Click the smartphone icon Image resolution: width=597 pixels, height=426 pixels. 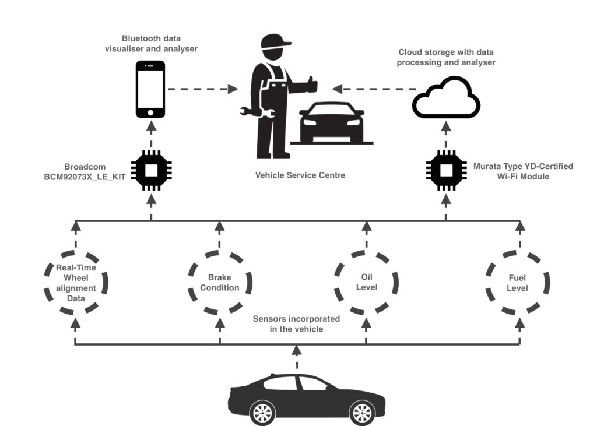click(x=150, y=89)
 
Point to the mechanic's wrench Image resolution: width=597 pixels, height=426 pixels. click(x=256, y=112)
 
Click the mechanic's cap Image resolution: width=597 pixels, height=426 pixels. click(x=275, y=41)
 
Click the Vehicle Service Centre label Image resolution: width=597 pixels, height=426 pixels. click(x=300, y=175)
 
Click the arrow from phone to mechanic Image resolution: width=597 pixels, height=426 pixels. click(x=202, y=89)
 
